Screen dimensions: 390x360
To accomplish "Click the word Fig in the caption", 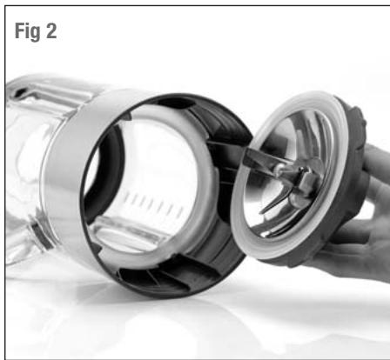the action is [x=28, y=31].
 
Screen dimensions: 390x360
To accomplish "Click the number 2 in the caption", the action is [x=51, y=30].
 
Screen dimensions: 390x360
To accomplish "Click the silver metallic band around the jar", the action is [x=63, y=180].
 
